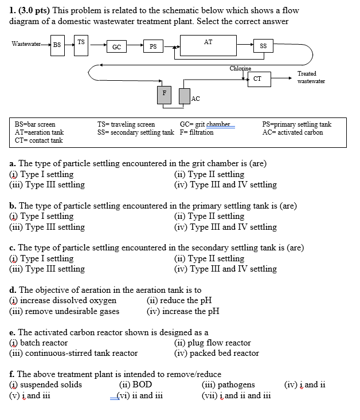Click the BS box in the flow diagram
(x=57, y=45)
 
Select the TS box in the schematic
(x=81, y=44)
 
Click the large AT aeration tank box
(x=208, y=44)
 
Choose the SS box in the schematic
(x=263, y=46)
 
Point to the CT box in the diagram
(x=257, y=79)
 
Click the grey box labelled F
(x=164, y=95)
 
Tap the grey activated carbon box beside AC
(x=183, y=96)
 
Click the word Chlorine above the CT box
(x=241, y=69)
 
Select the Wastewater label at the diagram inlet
(x=26, y=44)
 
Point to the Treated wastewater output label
(x=311, y=77)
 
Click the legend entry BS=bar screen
(x=35, y=124)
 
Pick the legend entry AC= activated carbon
(x=292, y=132)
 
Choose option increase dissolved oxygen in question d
(x=68, y=301)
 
